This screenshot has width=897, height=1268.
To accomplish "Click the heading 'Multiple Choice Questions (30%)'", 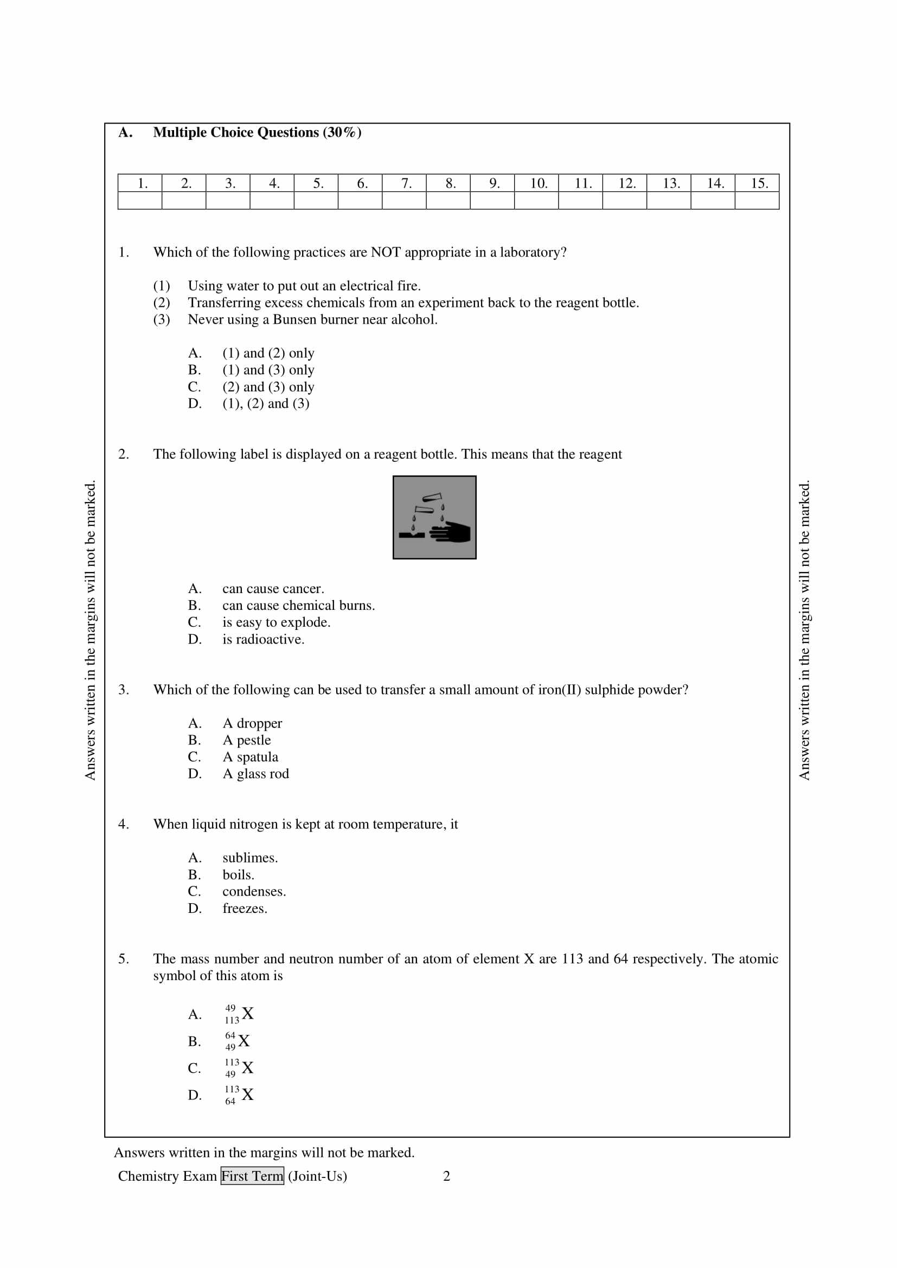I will [257, 132].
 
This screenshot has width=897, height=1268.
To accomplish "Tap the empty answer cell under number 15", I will [757, 201].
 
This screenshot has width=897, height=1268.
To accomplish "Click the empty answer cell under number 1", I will [140, 201].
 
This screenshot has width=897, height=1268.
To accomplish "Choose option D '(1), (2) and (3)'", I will [266, 404].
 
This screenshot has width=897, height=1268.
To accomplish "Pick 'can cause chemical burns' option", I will [298, 606].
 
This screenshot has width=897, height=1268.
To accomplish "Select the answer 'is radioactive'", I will [264, 640].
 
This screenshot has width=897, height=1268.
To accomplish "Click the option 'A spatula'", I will [250, 757].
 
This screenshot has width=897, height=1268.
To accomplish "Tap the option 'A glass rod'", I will [256, 774].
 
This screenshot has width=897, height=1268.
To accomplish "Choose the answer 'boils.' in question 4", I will [238, 875].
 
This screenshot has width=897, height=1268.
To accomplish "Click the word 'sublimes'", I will [249, 858].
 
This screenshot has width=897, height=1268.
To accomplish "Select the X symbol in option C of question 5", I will [247, 1068].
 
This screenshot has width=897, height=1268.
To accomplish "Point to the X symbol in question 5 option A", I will [247, 1014].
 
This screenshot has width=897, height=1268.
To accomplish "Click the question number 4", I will [124, 824].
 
